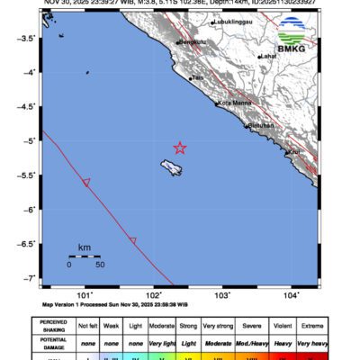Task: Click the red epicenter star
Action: [179, 148]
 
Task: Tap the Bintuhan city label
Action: [261, 126]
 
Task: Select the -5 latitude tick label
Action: [29, 141]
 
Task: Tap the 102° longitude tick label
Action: [154, 294]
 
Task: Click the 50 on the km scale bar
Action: [100, 265]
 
